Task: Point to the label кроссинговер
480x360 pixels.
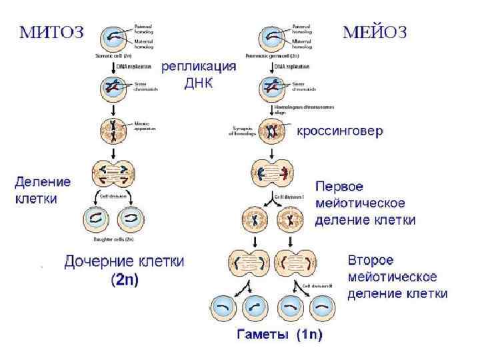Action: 340,132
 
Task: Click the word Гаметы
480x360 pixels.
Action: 263,335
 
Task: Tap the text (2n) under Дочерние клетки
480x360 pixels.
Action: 125,280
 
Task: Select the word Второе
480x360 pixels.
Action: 371,260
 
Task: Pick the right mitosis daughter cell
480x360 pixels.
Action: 131,219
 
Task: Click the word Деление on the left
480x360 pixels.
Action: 43,181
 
